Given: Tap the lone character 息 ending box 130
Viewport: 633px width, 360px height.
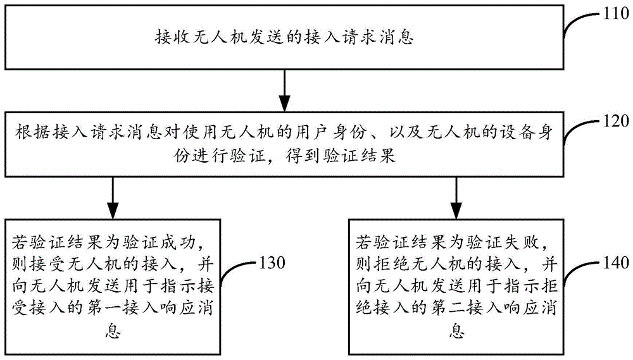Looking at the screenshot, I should [x=113, y=330].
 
